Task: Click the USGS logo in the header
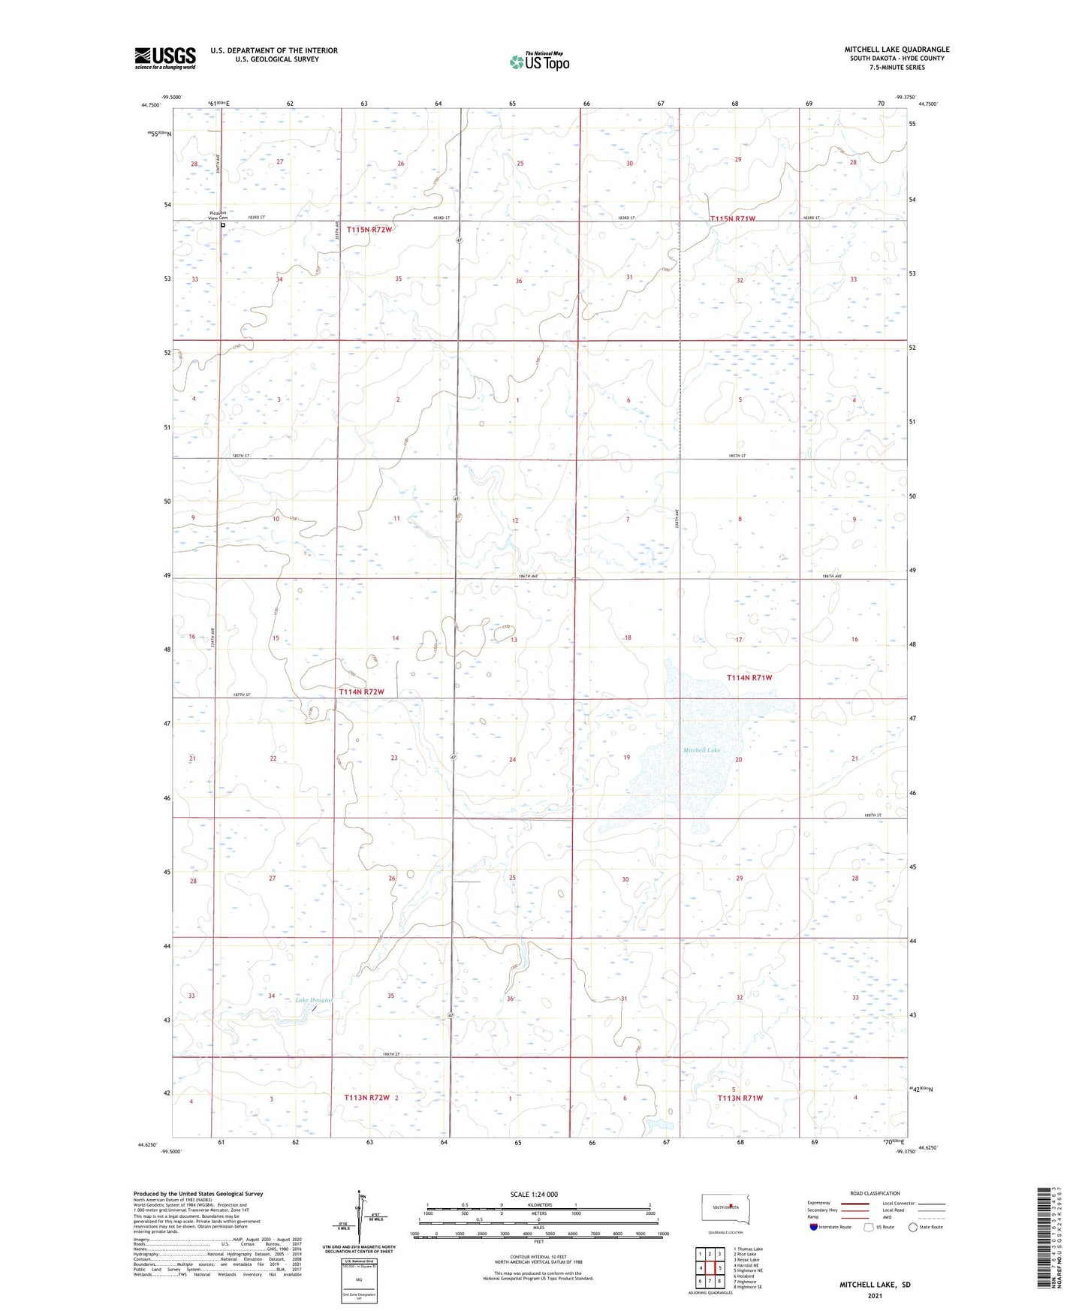click(165, 57)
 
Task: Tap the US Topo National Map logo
click(538, 62)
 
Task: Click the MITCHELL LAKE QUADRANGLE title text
click(897, 50)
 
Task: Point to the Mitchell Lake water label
click(701, 750)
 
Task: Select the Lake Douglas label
click(313, 1000)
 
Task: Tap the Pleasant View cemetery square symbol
click(223, 225)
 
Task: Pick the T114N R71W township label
click(749, 677)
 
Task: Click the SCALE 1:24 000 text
click(534, 1194)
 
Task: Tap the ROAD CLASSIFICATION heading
click(876, 1193)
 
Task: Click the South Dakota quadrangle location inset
click(725, 1210)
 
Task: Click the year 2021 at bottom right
click(875, 1296)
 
